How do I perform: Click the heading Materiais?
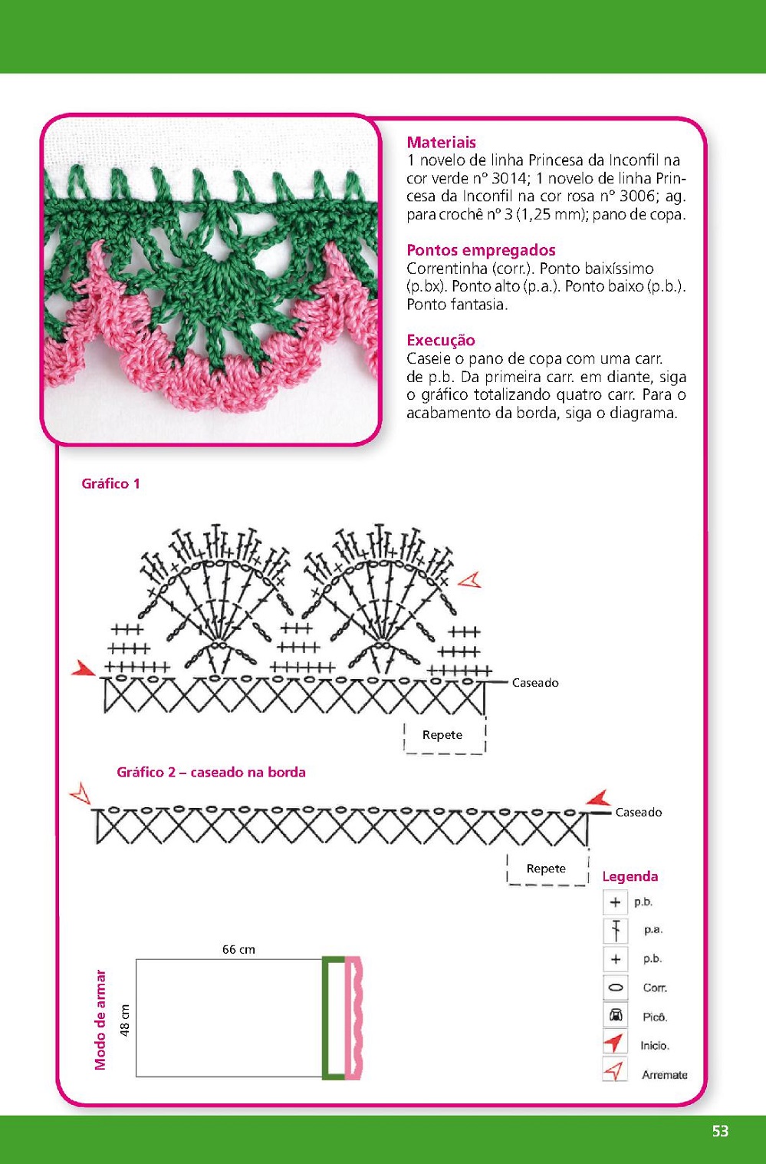click(441, 142)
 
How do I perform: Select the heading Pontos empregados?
click(481, 250)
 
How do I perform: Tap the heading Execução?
click(441, 340)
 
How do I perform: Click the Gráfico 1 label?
click(110, 483)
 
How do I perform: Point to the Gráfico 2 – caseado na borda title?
click(211, 772)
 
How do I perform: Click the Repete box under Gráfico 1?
click(444, 735)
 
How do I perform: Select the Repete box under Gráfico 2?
click(547, 869)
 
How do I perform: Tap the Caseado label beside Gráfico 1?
click(535, 682)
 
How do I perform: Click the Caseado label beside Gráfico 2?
click(638, 812)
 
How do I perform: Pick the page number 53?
click(720, 1131)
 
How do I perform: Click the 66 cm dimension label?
click(238, 949)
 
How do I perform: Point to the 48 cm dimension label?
click(125, 1020)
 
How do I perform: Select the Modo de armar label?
click(100, 1020)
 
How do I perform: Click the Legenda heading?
click(630, 876)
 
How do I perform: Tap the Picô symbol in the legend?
click(615, 1016)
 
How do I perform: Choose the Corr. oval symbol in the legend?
click(615, 988)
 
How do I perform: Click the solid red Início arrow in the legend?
click(613, 1044)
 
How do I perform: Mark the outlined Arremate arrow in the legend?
click(614, 1071)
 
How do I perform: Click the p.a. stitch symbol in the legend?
click(615, 930)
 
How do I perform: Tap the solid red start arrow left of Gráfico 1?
click(83, 669)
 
